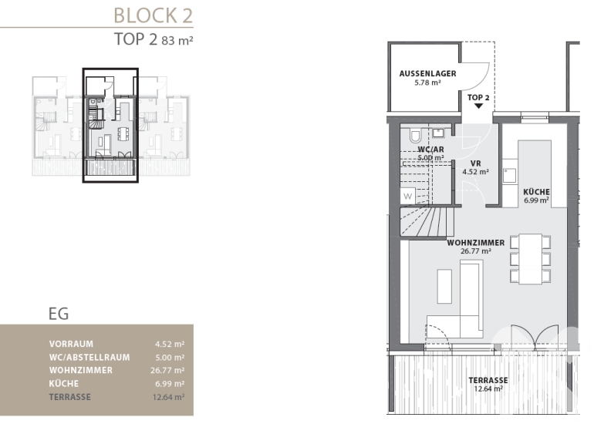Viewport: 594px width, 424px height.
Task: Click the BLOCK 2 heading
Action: tap(153, 15)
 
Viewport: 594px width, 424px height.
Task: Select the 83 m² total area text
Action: tap(177, 40)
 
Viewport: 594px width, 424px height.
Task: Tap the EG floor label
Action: tap(59, 314)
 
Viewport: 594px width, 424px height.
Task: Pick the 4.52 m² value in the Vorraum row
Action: tap(170, 344)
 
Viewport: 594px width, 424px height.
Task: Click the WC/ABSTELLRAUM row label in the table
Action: tap(89, 358)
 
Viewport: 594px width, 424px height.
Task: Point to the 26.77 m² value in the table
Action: tap(167, 370)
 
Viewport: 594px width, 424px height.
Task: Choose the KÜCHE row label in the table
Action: tap(63, 383)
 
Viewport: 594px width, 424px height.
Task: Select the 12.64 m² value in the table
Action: tap(169, 397)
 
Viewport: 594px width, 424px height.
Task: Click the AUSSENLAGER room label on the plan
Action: tap(427, 74)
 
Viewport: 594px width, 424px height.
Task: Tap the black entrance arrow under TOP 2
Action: tap(478, 106)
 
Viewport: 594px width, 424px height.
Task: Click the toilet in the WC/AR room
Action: tap(415, 136)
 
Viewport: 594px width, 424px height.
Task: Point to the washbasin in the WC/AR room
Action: tap(438, 133)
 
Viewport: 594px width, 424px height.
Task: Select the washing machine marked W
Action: tap(408, 196)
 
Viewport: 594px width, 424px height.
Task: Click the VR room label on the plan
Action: tap(476, 163)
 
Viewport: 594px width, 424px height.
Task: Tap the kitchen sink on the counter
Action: tap(509, 176)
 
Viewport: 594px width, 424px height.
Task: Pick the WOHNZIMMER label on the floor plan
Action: tap(476, 243)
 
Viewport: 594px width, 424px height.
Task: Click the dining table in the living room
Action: tap(531, 258)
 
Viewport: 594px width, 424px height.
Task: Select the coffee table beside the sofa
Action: tap(444, 286)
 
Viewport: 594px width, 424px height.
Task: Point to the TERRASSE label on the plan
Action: tap(488, 380)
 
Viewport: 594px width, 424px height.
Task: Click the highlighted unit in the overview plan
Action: tap(110, 126)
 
